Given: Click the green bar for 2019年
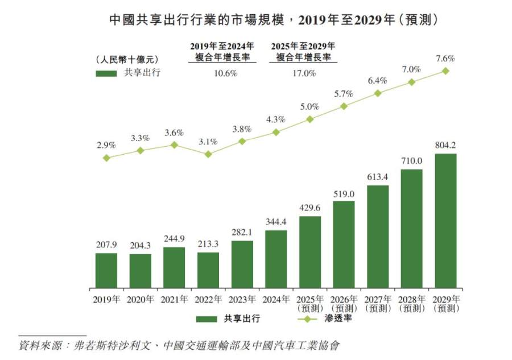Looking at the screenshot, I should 106,270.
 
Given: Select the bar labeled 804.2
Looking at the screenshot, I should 445,221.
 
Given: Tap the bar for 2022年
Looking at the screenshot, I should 208,270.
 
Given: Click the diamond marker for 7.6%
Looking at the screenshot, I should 446,71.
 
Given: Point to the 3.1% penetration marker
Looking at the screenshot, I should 208,154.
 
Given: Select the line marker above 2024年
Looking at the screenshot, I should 276,132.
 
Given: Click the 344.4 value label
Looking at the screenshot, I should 276,222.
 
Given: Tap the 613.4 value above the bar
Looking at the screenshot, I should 378,177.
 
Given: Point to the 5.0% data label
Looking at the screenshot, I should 310,107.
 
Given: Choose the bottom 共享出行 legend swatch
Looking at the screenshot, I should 208,319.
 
